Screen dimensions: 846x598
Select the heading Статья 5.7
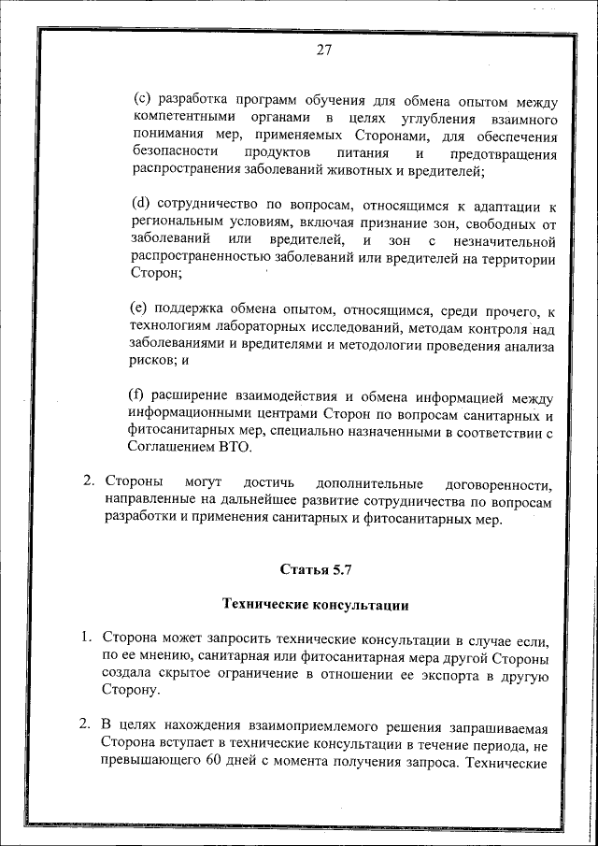click(x=316, y=568)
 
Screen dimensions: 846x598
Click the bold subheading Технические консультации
click(x=315, y=605)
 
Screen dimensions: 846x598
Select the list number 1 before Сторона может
click(x=87, y=638)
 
